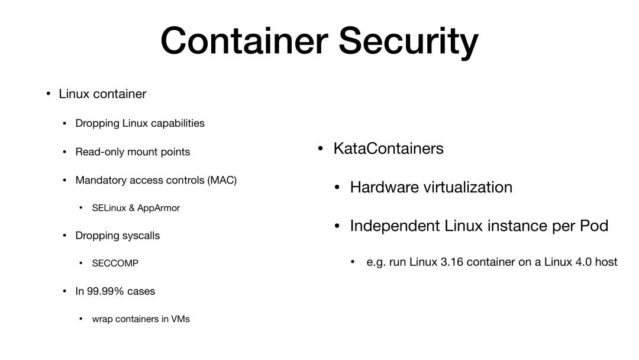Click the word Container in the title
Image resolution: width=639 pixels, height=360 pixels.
click(244, 41)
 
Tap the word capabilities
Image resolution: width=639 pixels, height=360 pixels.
click(177, 123)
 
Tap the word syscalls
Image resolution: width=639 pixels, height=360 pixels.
click(141, 236)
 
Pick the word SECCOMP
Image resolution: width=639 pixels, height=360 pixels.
click(115, 263)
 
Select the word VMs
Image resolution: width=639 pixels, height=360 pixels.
click(180, 319)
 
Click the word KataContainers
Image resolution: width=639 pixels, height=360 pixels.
click(389, 148)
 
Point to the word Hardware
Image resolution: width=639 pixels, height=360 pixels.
click(385, 187)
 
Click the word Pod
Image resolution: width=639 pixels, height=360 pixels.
click(595, 226)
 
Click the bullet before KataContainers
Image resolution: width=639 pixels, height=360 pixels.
click(320, 149)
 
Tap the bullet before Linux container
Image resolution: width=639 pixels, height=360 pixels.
click(49, 94)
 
